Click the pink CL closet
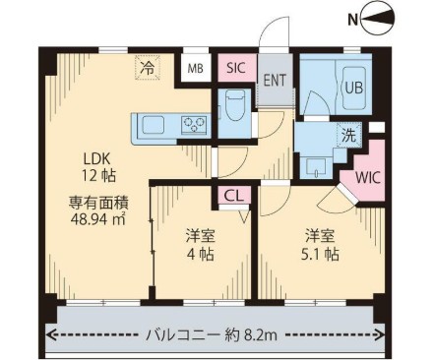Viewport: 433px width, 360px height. pos(235,196)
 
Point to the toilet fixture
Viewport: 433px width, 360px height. pos(234,104)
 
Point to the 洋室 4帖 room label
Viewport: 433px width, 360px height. pos(203,244)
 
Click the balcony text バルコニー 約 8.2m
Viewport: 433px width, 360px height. pos(211,335)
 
